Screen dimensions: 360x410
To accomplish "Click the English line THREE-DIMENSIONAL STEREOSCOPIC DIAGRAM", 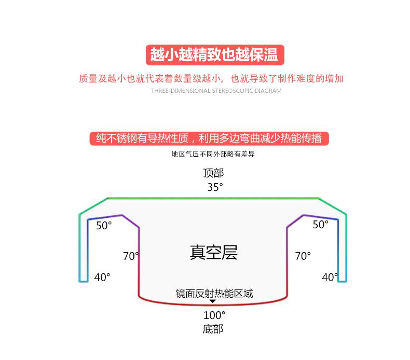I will (216, 91).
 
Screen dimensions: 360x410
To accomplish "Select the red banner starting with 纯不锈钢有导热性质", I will (209, 139).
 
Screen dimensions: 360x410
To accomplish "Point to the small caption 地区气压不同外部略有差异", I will (213, 154).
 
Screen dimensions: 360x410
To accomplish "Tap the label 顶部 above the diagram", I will (214, 173).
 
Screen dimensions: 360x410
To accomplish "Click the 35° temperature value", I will (215, 187).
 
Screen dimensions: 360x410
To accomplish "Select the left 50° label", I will (104, 225).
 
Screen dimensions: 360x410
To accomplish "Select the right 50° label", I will (320, 224).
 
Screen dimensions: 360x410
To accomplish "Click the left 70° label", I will (131, 256).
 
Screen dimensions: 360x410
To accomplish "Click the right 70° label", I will (303, 256).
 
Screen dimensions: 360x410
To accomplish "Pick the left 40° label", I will (102, 278).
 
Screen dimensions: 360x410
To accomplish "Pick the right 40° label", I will (330, 278).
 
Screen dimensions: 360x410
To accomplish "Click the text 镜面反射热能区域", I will (214, 294).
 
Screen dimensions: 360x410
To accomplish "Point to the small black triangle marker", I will (213, 301).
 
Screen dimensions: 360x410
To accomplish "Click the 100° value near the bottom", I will (214, 315).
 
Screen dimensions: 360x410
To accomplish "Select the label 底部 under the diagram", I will (213, 329).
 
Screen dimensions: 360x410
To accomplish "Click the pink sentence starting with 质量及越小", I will (211, 79).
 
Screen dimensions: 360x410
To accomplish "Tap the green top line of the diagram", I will (213, 198).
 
